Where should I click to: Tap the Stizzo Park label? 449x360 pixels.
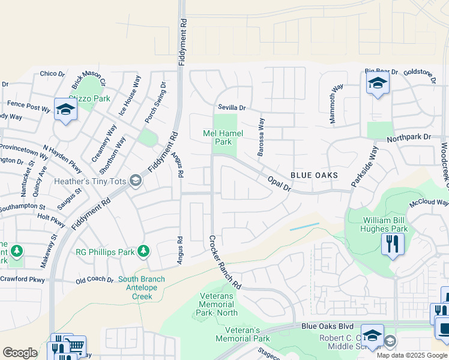(x=89, y=98)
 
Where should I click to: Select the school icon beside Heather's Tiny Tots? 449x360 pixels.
(x=136, y=181)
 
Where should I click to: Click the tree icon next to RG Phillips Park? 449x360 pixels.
(x=143, y=251)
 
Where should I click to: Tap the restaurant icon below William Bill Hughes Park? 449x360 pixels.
(x=393, y=244)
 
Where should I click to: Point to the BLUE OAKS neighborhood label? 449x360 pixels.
(x=314, y=175)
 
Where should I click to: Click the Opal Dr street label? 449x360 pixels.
(x=279, y=184)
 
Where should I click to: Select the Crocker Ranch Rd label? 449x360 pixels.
(x=224, y=262)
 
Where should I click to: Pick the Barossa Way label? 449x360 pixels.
(x=261, y=137)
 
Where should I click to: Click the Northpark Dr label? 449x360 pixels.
(x=409, y=137)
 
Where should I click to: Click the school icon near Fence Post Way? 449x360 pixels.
(x=65, y=110)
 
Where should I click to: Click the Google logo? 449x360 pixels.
(x=20, y=353)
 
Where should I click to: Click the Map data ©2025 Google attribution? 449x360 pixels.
(x=411, y=355)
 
